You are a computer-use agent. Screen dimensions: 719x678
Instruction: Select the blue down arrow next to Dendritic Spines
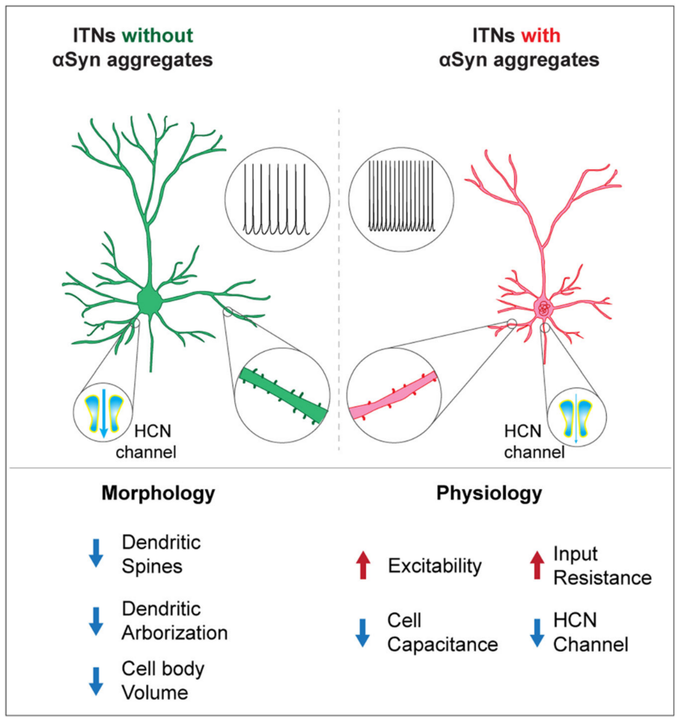tap(96, 552)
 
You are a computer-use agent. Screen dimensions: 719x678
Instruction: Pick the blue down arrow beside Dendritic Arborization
tap(96, 620)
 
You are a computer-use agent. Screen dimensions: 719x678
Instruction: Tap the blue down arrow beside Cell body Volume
tap(96, 679)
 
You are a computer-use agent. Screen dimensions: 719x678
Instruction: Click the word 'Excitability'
tap(434, 566)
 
